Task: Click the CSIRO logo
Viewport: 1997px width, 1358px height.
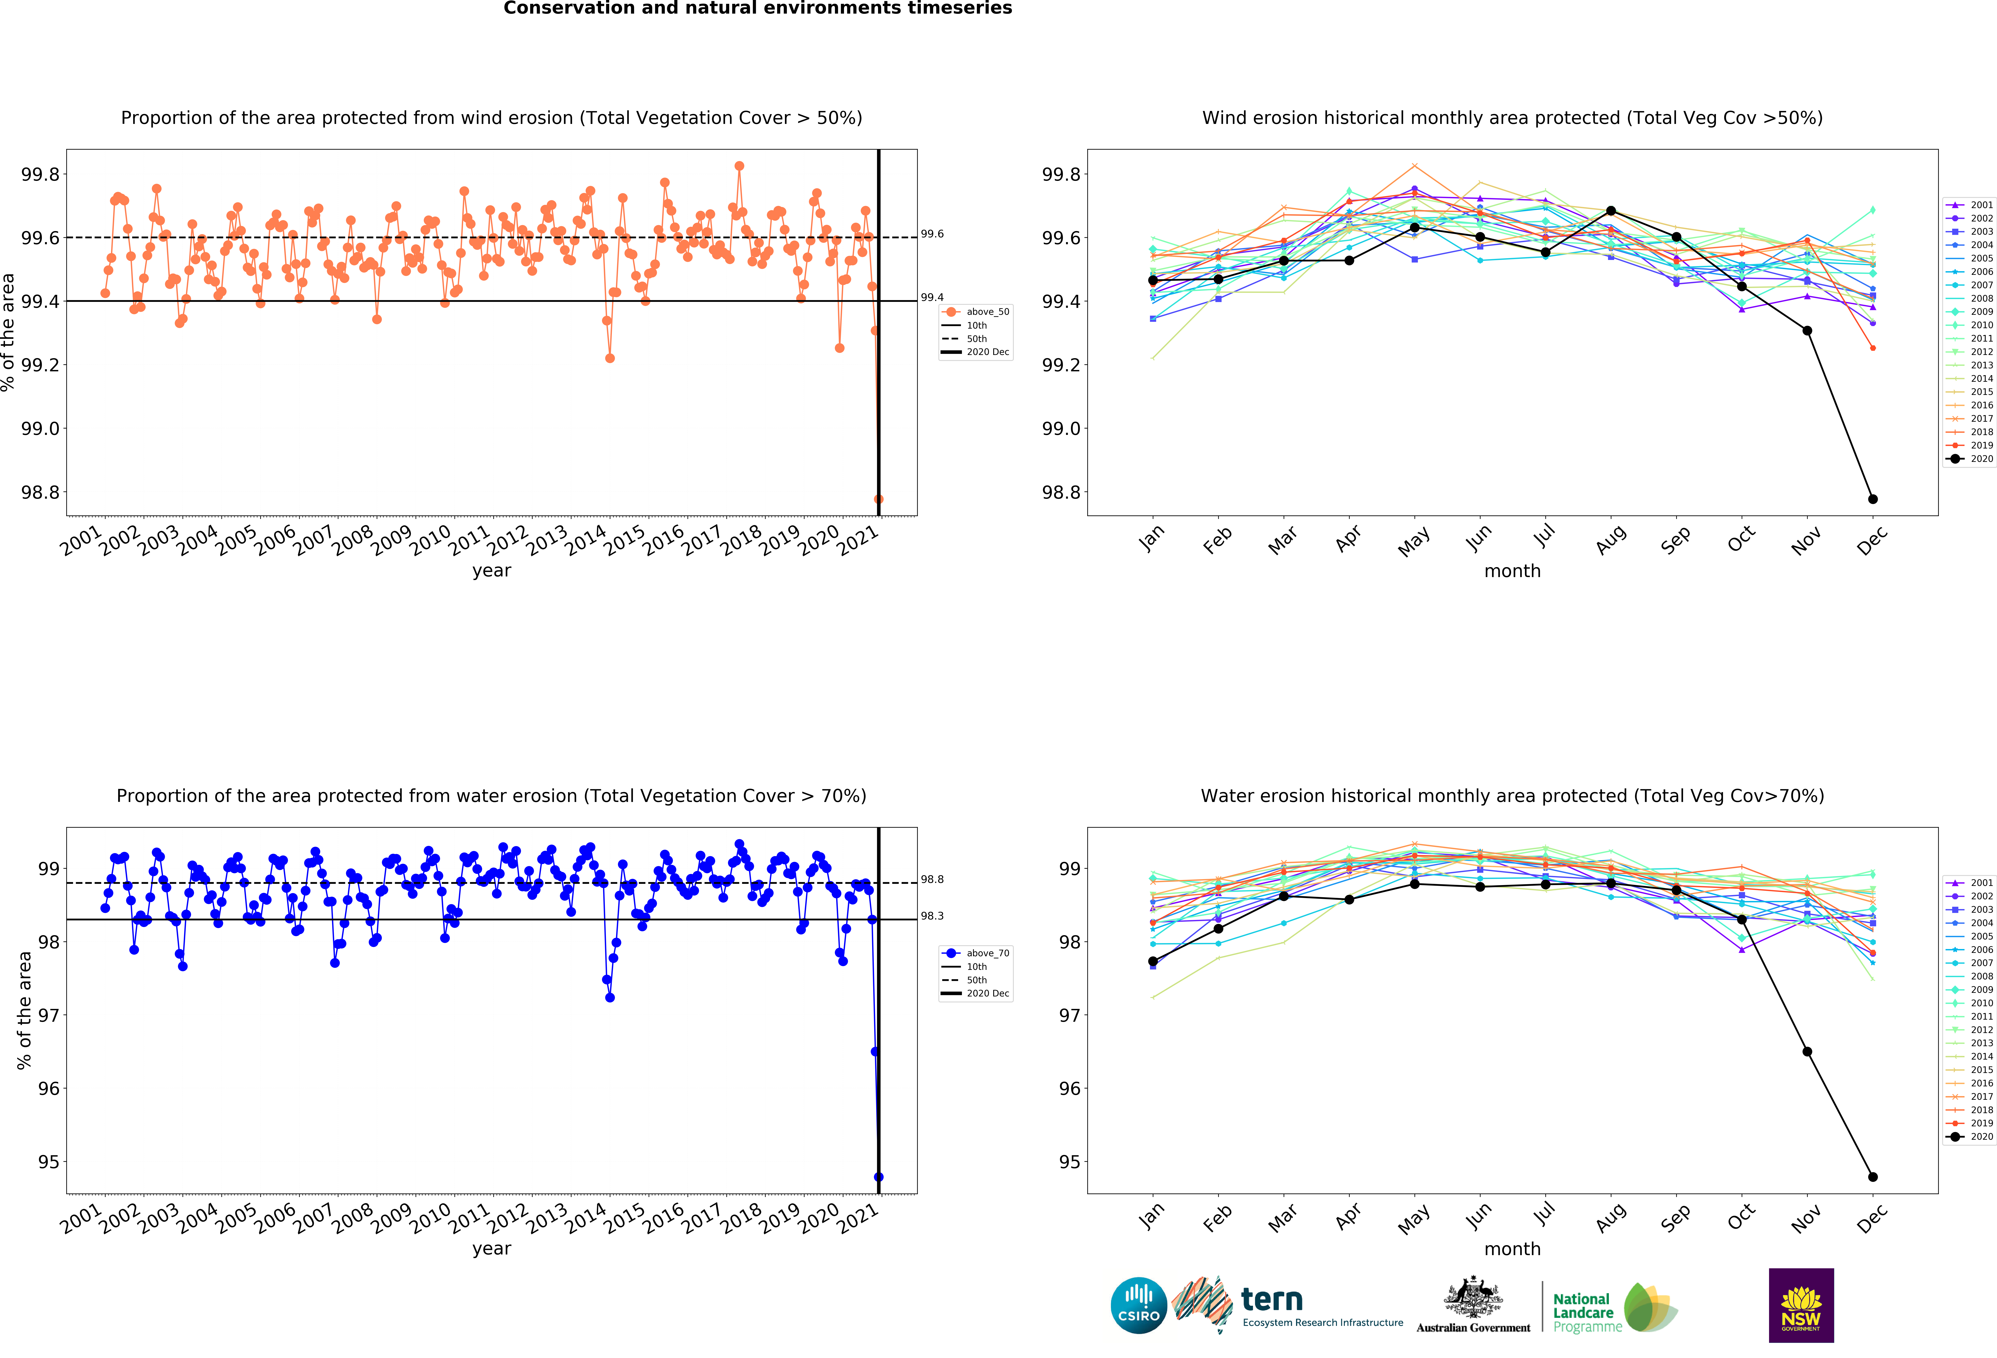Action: click(x=1139, y=1305)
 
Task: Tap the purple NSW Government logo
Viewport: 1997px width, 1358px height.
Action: click(x=1801, y=1305)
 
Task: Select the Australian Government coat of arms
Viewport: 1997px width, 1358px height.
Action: click(x=1473, y=1298)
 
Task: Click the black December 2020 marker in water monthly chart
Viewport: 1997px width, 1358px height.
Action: click(x=1873, y=1177)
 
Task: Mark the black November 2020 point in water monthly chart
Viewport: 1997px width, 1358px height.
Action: click(x=1807, y=1051)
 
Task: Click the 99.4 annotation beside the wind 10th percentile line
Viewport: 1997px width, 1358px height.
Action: click(x=932, y=297)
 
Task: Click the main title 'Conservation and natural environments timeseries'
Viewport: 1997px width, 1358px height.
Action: click(x=758, y=9)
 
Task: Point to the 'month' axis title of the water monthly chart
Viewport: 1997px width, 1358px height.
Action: click(x=1512, y=1249)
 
